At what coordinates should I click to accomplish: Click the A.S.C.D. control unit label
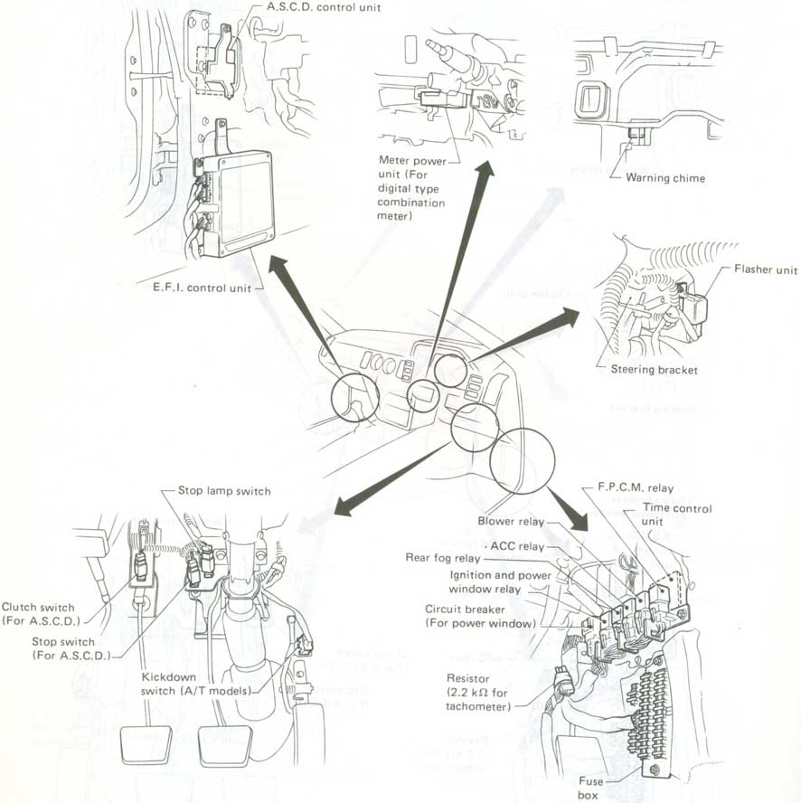tap(324, 7)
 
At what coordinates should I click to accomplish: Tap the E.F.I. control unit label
tap(203, 288)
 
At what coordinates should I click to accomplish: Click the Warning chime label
tap(665, 178)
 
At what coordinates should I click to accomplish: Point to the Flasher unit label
tap(766, 269)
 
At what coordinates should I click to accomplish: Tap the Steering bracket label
tap(654, 370)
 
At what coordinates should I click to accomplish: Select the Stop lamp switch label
tap(224, 491)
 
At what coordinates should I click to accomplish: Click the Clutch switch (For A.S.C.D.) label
tap(41, 614)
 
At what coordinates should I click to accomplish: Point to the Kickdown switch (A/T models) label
tap(196, 685)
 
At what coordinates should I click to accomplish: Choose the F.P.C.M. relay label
tap(636, 487)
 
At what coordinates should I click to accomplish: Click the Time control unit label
tap(676, 515)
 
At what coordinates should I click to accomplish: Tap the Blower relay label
tap(511, 521)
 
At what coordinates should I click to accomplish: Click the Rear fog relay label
tap(442, 558)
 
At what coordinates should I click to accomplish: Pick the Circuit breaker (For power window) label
tap(480, 616)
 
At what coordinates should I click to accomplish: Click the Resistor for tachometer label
tap(478, 693)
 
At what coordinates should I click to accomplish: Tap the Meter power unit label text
tap(411, 188)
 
